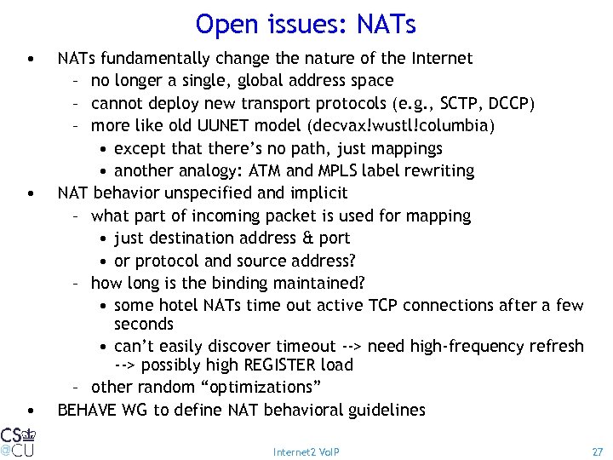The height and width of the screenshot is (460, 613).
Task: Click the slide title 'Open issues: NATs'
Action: pyautogui.click(x=306, y=24)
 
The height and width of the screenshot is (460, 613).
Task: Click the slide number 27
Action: pyautogui.click(x=597, y=451)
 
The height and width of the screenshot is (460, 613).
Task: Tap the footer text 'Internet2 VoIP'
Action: pyautogui.click(x=306, y=451)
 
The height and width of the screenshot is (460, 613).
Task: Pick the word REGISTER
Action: pyautogui.click(x=275, y=365)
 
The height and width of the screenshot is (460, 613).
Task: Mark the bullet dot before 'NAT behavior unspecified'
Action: pyautogui.click(x=31, y=194)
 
